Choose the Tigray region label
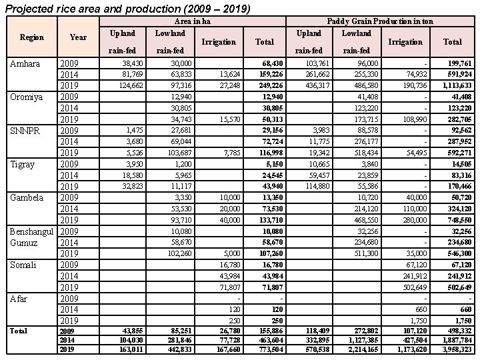pos(23,163)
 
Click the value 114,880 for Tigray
pos(308,186)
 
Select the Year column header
pos(79,37)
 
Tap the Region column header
pos(31,37)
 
